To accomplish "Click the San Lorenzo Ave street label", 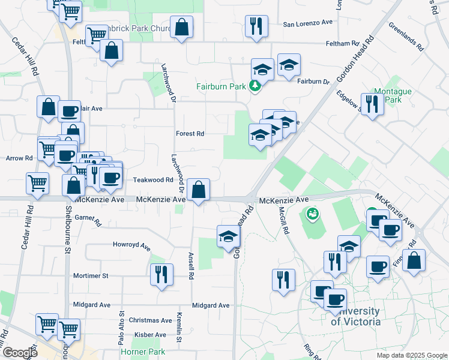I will (x=308, y=23).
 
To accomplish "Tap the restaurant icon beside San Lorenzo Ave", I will (x=256, y=26).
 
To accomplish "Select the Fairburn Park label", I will (x=221, y=86).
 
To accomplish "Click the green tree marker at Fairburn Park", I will (x=255, y=86).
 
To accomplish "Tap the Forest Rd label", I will (x=190, y=134).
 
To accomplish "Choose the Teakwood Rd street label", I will (x=153, y=179).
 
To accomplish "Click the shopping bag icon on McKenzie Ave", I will (x=198, y=190).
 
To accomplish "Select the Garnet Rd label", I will (x=88, y=220).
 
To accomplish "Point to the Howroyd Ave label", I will (x=131, y=244).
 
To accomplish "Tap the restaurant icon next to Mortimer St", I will (x=160, y=275).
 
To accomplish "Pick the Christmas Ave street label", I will (x=150, y=320).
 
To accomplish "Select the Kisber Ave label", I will (x=150, y=334).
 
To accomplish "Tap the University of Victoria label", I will (x=356, y=316).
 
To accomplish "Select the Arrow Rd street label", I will (x=19, y=158).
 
